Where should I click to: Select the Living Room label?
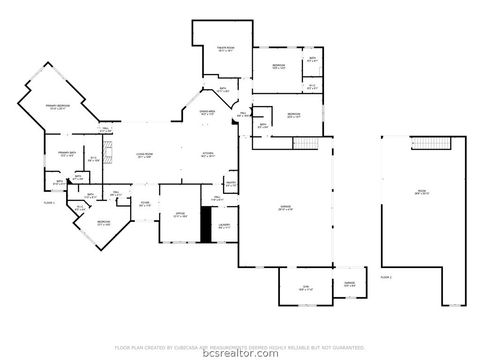pyautogui.click(x=143, y=155)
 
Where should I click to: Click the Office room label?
pyautogui.click(x=180, y=214)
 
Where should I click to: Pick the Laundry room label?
pyautogui.click(x=224, y=226)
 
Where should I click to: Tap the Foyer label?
pyautogui.click(x=145, y=205)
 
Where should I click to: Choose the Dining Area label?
pyautogui.click(x=208, y=112)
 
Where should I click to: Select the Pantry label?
pyautogui.click(x=230, y=184)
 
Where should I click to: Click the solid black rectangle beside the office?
pyautogui.click(x=206, y=225)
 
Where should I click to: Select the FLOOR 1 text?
pyautogui.click(x=19, y=203)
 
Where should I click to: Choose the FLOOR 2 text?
pyautogui.click(x=385, y=273)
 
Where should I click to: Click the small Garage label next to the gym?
pyautogui.click(x=349, y=285)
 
